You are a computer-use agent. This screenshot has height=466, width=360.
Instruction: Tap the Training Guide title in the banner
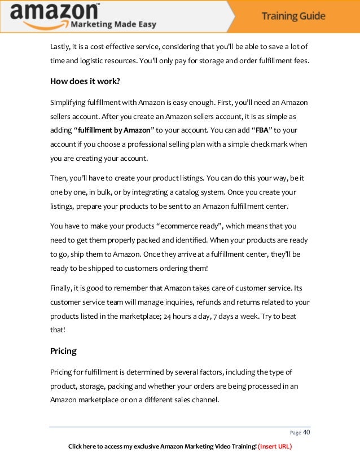[x=293, y=16]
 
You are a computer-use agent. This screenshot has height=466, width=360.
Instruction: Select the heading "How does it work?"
[x=85, y=80]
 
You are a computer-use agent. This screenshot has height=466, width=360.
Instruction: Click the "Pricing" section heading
[x=63, y=351]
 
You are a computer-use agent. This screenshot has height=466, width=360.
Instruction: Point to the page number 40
[x=307, y=433]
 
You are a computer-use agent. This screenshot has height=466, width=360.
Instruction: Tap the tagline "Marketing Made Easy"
[x=113, y=24]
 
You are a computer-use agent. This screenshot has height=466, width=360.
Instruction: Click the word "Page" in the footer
[x=295, y=433]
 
